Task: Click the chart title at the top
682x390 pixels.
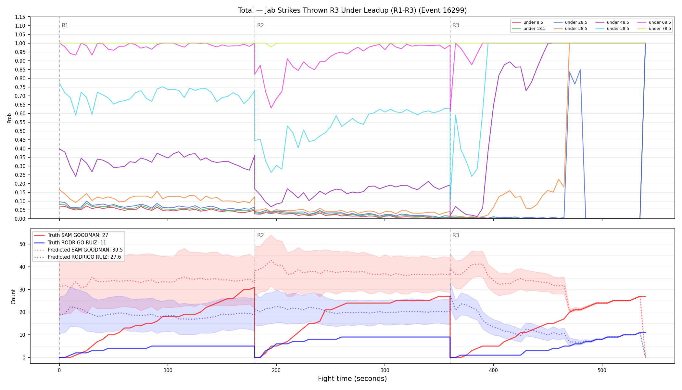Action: [x=352, y=10]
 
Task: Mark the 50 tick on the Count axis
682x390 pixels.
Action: [x=23, y=244]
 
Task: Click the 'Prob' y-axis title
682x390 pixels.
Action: [x=9, y=118]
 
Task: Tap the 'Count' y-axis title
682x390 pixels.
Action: [x=13, y=296]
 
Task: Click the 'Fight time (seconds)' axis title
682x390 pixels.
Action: [x=352, y=379]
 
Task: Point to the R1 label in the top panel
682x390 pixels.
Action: [x=65, y=25]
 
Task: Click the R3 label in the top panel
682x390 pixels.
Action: [x=456, y=25]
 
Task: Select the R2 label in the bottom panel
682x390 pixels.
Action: [x=260, y=235]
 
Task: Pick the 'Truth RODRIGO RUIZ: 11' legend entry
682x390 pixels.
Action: [x=77, y=243]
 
